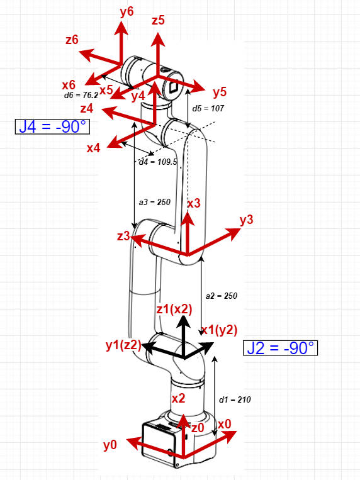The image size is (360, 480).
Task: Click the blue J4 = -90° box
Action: tap(52, 126)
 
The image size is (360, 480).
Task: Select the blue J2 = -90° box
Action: tap(280, 348)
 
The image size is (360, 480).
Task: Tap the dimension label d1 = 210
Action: tap(235, 399)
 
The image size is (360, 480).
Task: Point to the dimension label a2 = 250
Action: tap(222, 296)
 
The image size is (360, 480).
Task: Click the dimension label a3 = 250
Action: tap(155, 202)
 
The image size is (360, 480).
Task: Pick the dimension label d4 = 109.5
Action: tap(158, 162)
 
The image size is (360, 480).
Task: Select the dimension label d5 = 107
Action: tap(208, 108)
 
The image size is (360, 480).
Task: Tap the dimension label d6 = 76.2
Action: tap(81, 95)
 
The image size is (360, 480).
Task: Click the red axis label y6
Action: tap(127, 12)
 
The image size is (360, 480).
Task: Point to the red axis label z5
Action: tap(158, 21)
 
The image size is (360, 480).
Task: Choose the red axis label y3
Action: tap(247, 220)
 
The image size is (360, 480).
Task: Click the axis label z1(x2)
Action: tap(174, 310)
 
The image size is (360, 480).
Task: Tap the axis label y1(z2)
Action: tap(123, 345)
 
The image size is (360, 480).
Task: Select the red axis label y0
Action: tap(110, 445)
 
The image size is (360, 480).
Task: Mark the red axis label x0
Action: tap(225, 424)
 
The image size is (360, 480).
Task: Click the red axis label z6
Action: tap(72, 40)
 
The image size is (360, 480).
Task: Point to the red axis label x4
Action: tap(93, 148)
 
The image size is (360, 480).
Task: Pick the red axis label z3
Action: tap(123, 236)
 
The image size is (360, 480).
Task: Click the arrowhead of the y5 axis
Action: tap(198, 87)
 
